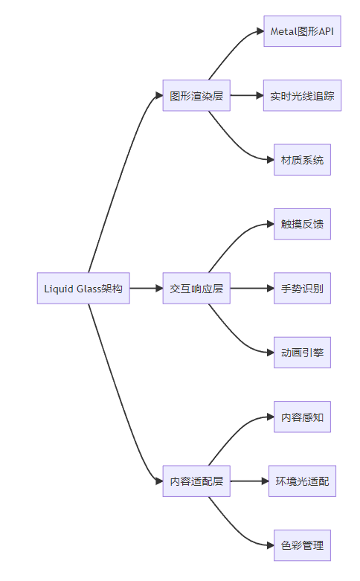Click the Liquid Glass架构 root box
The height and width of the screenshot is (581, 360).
(x=83, y=289)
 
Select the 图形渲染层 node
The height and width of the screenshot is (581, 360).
(x=196, y=96)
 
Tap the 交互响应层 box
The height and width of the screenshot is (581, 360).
(x=196, y=289)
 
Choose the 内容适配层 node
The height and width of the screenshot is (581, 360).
(x=196, y=481)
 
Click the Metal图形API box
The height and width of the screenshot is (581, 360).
(x=302, y=31)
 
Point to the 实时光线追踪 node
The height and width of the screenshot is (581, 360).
(x=302, y=96)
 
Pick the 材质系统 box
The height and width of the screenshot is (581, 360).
(x=302, y=160)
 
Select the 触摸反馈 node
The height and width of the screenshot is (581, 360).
(x=302, y=224)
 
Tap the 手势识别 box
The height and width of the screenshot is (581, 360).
(x=302, y=289)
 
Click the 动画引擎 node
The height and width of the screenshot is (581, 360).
(x=302, y=353)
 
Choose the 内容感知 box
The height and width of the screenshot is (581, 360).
(x=302, y=417)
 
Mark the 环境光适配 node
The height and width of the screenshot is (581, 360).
(x=302, y=481)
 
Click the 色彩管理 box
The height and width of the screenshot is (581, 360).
(x=302, y=545)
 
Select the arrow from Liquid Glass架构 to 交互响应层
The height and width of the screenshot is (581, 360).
(x=147, y=289)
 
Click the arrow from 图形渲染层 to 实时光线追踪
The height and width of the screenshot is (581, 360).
(x=247, y=96)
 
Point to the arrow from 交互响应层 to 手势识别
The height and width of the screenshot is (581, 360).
(x=252, y=289)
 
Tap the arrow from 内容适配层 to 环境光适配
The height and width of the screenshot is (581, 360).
(x=249, y=481)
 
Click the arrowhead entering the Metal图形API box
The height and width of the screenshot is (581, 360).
(x=260, y=31)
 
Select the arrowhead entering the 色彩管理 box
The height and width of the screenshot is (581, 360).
(x=270, y=545)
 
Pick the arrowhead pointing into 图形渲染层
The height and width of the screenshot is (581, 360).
(x=159, y=96)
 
